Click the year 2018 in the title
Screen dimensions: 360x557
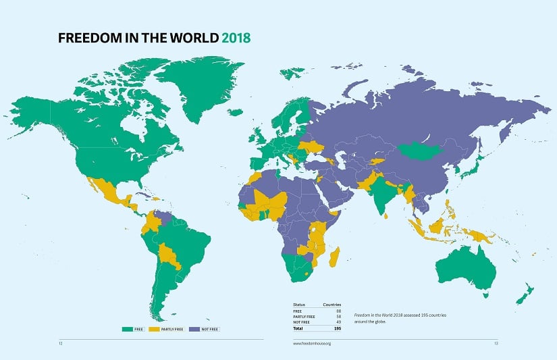click(x=236, y=38)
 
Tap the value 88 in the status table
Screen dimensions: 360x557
click(x=338, y=311)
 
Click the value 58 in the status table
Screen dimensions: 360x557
click(x=338, y=316)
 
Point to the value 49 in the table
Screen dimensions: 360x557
click(x=338, y=322)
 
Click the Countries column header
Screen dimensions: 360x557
click(x=332, y=305)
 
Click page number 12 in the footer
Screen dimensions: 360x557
click(x=61, y=343)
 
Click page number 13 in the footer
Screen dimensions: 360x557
click(x=495, y=343)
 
